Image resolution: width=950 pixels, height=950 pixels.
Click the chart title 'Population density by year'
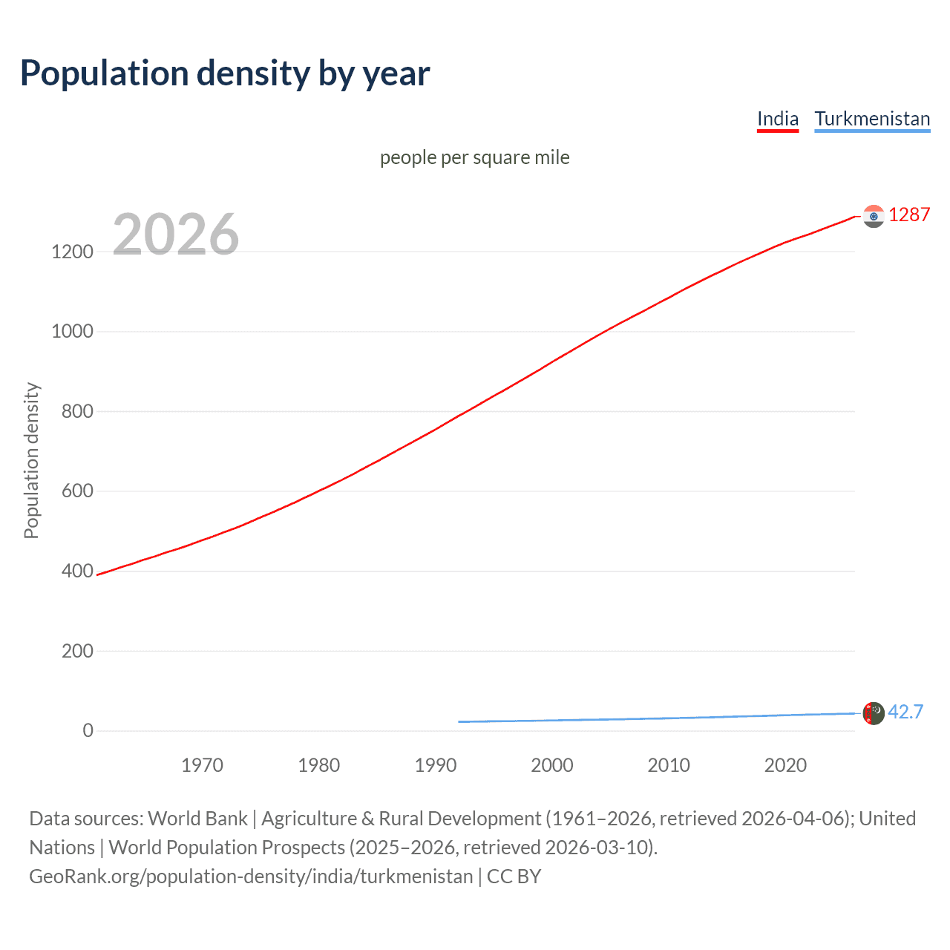(x=225, y=73)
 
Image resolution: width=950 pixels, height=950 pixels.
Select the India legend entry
(x=777, y=119)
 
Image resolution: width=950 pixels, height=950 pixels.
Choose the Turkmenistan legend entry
(x=872, y=119)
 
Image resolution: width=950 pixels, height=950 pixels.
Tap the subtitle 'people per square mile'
(x=474, y=157)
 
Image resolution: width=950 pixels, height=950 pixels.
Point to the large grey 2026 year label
(x=176, y=235)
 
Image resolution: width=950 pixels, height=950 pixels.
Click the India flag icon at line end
(x=874, y=216)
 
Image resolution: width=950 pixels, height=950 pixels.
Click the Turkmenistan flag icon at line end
(x=874, y=713)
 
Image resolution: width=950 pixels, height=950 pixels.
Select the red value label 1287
(x=909, y=214)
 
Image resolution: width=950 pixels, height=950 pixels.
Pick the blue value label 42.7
(x=905, y=712)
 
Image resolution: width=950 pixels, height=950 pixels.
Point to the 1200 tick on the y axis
(x=73, y=252)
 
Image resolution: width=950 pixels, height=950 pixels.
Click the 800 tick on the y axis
(x=77, y=411)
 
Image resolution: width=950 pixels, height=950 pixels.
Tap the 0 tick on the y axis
(x=88, y=730)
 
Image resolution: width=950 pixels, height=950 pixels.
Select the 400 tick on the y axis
(x=77, y=571)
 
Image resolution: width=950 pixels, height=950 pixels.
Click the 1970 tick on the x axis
(x=202, y=765)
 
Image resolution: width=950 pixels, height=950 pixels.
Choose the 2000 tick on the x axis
(x=552, y=765)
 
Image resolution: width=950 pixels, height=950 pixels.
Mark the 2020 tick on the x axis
(x=785, y=765)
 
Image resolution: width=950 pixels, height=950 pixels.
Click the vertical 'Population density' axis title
(x=31, y=460)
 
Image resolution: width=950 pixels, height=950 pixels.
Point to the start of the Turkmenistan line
(x=459, y=721)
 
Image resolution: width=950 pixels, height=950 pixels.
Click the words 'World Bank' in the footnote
(x=197, y=819)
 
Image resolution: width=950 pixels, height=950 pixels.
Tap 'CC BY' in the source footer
(x=514, y=877)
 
